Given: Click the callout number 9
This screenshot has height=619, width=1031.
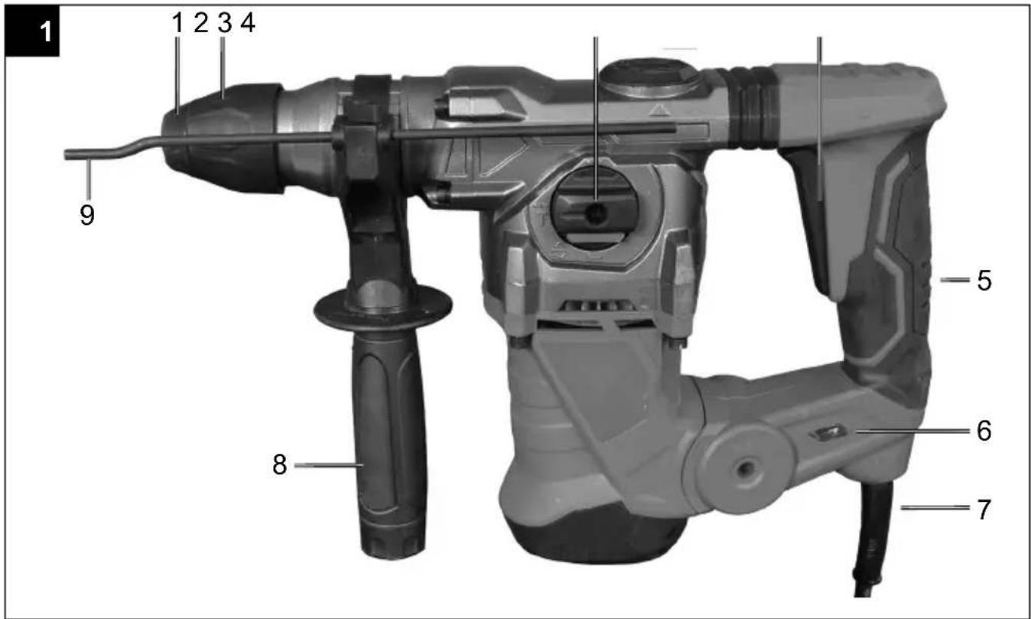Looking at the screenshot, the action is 87,215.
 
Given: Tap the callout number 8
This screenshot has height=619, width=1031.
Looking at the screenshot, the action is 280,464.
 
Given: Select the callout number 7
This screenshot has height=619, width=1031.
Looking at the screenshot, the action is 984,510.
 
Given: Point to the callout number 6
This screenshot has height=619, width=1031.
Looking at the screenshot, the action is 984,432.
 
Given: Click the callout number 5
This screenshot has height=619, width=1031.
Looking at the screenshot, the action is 984,280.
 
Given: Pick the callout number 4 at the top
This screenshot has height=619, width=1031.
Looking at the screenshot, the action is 248,22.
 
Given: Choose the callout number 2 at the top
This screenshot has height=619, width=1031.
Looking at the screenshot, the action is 201,22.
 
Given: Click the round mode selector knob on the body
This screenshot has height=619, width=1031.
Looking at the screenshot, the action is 594,209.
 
